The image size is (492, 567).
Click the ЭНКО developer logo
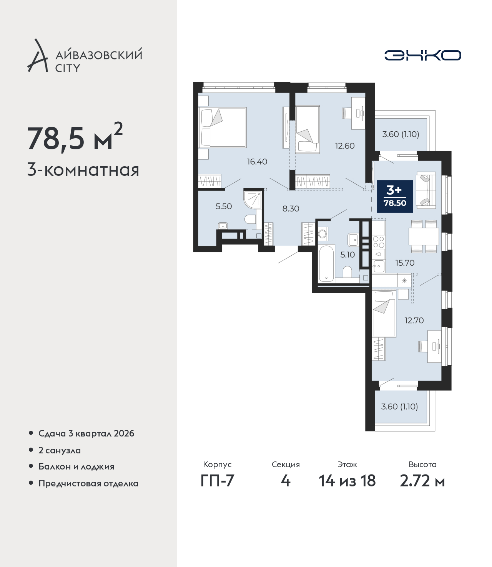point(422,55)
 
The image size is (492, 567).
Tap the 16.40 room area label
point(257,162)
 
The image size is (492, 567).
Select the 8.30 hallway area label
point(291,209)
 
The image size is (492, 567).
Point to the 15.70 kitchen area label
point(405,263)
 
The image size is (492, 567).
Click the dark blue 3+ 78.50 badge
point(395,196)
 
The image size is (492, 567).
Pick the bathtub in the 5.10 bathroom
point(326,264)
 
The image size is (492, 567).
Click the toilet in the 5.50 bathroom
point(250,220)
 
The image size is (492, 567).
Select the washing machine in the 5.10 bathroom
point(322,234)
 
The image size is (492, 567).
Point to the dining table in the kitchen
point(424,236)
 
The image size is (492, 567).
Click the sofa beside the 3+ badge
point(426,189)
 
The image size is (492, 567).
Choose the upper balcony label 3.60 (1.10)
point(401,134)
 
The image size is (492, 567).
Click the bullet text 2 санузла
point(60,450)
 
